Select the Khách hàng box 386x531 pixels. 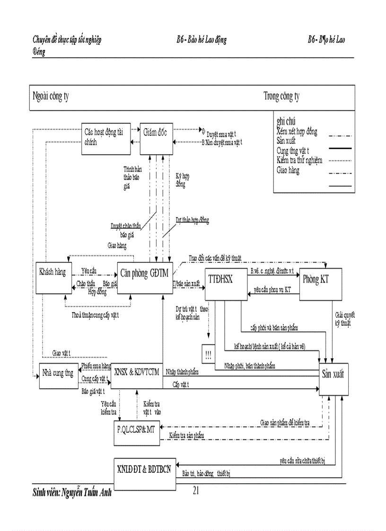(x=53, y=277)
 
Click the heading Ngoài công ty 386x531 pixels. (x=51, y=97)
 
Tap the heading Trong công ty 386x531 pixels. (x=281, y=97)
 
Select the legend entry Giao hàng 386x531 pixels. (x=288, y=170)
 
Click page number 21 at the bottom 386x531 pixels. (x=196, y=491)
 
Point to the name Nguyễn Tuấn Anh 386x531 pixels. (x=87, y=492)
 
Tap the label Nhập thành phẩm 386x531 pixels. (x=182, y=372)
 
